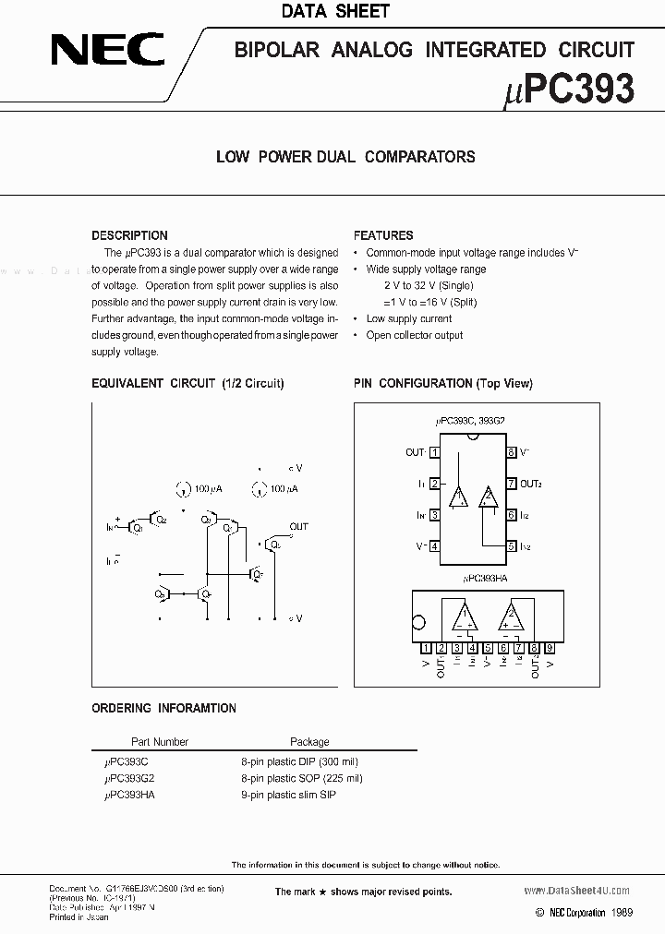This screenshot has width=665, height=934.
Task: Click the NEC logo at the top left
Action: click(107, 49)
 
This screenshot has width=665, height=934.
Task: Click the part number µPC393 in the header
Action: click(571, 89)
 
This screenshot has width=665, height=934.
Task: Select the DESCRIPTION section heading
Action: click(129, 235)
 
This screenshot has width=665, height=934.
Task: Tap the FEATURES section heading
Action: click(383, 235)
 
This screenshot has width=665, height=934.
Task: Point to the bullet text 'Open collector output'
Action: click(415, 335)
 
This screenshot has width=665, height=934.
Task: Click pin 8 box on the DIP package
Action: click(511, 452)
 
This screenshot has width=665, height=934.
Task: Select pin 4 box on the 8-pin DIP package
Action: click(434, 546)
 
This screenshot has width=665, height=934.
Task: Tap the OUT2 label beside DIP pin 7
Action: click(531, 484)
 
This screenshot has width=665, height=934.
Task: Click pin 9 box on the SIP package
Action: click(550, 648)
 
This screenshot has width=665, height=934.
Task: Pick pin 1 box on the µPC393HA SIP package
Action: click(426, 648)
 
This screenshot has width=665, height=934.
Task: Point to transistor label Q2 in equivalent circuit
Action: click(163, 521)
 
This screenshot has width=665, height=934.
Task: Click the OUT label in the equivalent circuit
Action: click(299, 527)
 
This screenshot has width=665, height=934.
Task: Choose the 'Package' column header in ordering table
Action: click(309, 741)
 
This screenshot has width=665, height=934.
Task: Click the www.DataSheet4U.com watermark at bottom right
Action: click(569, 891)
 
